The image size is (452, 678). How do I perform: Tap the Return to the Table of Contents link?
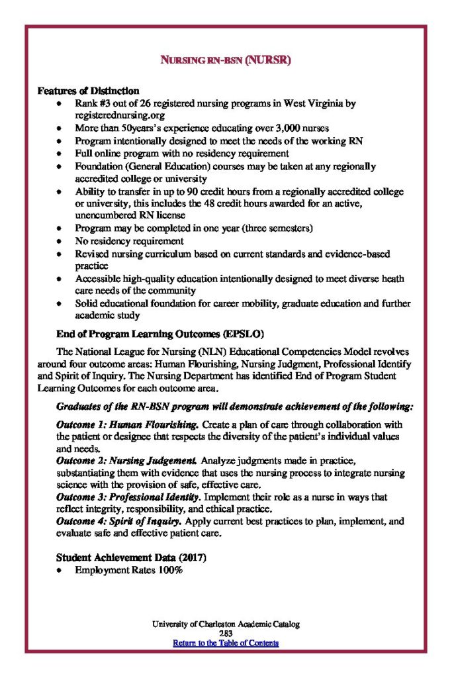226,643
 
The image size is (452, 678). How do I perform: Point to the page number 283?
226,634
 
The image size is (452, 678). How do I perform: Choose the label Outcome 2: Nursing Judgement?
126,460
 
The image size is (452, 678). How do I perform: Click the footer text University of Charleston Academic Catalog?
226,624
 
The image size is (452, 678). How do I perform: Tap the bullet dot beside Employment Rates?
60,570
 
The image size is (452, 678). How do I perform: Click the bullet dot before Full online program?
60,154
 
